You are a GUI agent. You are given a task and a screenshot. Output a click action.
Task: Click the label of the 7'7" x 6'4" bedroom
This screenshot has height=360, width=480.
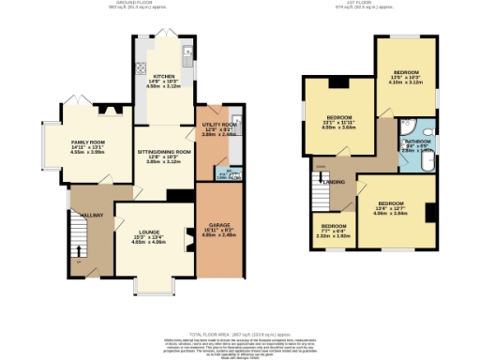point(333,226)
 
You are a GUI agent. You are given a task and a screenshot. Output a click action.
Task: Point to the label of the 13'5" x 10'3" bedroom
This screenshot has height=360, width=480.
point(405,71)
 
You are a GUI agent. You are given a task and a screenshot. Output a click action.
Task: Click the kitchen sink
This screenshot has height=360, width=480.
point(188,51)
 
